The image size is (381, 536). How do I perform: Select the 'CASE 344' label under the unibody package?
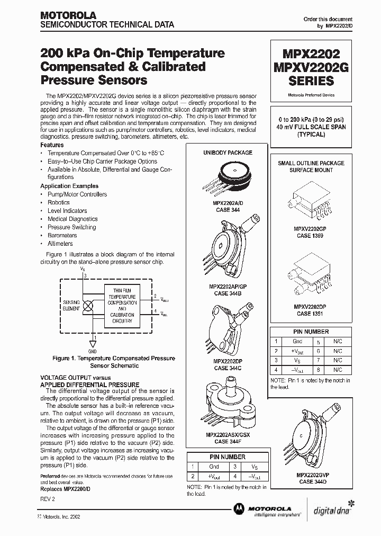coord(228,210)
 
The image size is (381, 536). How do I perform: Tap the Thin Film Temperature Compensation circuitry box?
coord(122,306)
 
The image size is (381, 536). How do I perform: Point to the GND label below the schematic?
coord(92,351)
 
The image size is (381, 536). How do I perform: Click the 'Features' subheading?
coord(52,145)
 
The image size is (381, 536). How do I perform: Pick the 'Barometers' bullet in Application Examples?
coord(62,235)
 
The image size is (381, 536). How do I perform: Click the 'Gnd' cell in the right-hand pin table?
coord(297,342)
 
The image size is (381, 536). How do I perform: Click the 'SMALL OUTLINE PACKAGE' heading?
coord(311,163)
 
